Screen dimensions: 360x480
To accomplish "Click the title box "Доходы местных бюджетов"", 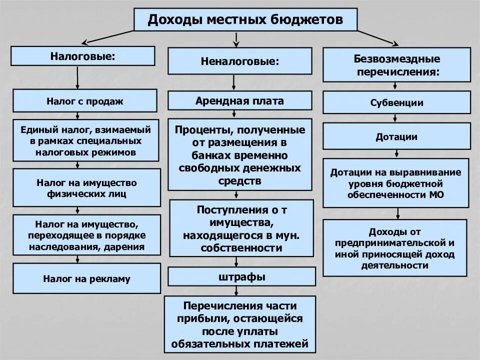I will click(x=245, y=19).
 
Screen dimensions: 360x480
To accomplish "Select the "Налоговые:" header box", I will click(x=82, y=56).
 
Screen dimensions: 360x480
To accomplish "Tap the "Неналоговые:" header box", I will click(x=240, y=61).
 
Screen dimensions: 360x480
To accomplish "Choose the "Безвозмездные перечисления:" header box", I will click(x=396, y=64).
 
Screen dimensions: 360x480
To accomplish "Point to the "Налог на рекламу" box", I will click(x=86, y=278).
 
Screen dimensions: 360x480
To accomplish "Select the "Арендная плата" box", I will click(x=240, y=100).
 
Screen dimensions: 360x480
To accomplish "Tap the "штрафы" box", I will click(x=241, y=276).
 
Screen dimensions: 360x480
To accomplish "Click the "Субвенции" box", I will click(x=396, y=102).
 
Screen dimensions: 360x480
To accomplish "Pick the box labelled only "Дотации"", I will click(x=396, y=136).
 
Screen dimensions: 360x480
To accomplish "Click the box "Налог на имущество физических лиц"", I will click(x=86, y=187).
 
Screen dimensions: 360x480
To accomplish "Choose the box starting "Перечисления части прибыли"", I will click(x=240, y=324).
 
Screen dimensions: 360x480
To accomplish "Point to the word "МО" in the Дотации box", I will click(x=436, y=194).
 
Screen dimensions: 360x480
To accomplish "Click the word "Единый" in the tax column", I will click(x=39, y=130).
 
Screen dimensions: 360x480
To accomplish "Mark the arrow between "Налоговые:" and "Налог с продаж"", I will click(x=77, y=77).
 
